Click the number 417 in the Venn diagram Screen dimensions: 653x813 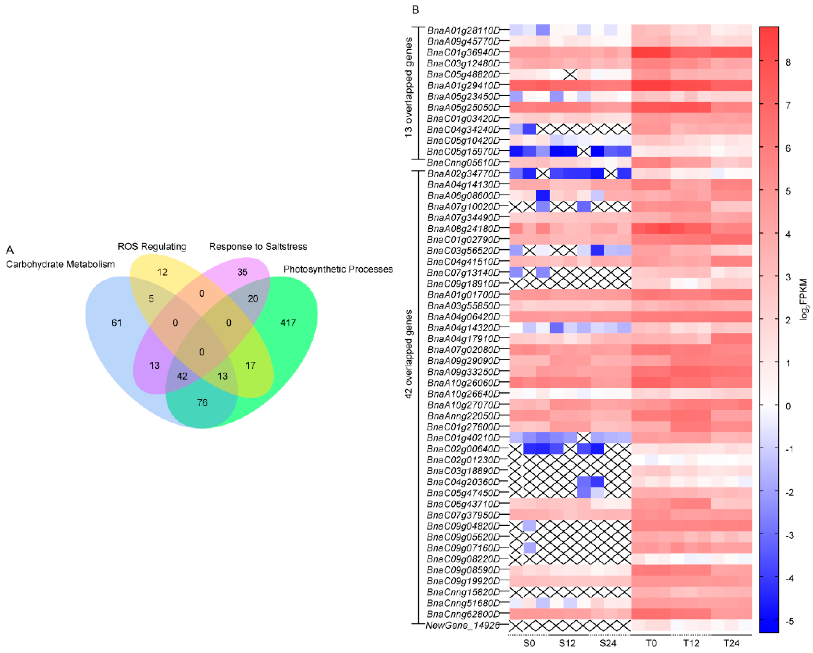coord(288,323)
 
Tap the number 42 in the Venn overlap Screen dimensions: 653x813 coord(182,376)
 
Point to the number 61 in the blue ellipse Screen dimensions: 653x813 coord(116,323)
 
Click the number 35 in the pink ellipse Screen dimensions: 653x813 coord(242,272)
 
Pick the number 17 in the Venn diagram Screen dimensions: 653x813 coord(250,365)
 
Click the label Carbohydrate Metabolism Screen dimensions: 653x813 coord(60,265)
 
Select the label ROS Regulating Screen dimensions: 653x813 coord(152,246)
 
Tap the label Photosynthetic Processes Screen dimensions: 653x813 coord(338,269)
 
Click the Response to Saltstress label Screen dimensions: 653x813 coord(258,246)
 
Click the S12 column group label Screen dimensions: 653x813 coord(567,643)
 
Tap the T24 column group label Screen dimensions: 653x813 coord(731,643)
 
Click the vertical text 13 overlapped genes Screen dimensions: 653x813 coord(408,87)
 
